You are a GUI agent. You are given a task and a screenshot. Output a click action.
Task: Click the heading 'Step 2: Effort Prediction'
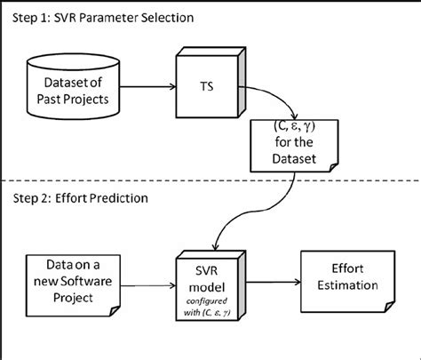click(x=79, y=199)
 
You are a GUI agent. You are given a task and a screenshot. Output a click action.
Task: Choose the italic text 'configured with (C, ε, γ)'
click(x=213, y=299)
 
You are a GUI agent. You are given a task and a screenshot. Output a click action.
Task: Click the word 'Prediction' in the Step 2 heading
click(x=115, y=199)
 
